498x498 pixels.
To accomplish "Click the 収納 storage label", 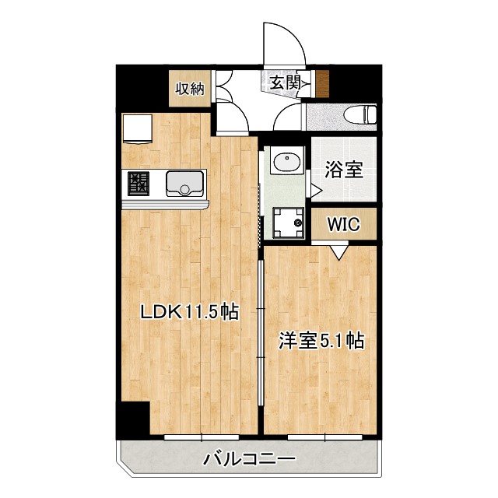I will [189, 88].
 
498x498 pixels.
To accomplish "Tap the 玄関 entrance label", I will [286, 79].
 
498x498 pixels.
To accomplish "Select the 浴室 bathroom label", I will [344, 170].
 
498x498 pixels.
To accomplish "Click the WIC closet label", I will [342, 225].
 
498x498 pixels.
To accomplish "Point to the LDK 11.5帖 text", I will [188, 312].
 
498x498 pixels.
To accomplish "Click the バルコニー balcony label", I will [249, 459].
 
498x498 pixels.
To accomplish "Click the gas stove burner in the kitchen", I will [139, 184].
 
